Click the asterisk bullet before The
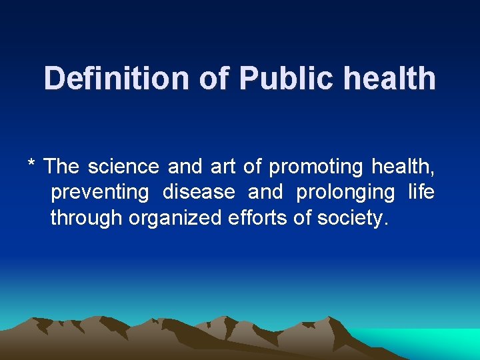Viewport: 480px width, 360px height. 31,164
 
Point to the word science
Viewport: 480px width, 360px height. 123,166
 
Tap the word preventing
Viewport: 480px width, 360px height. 100,193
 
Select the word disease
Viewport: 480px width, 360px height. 199,192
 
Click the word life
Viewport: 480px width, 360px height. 421,192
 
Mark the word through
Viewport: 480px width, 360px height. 87,218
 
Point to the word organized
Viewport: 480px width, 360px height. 177,219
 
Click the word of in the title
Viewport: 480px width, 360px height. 213,79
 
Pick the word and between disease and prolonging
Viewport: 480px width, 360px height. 265,192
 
